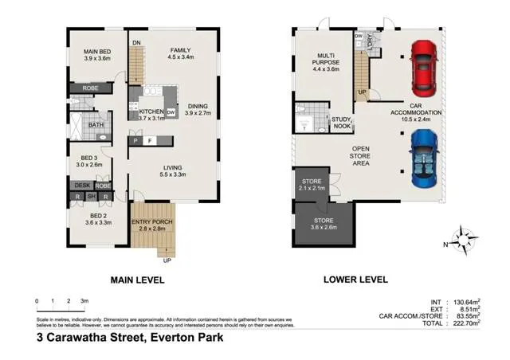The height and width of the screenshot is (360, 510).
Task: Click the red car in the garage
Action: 422,66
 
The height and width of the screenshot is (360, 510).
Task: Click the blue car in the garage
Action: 422,157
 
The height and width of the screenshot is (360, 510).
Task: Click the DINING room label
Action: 200,109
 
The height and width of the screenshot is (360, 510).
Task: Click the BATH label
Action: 96,125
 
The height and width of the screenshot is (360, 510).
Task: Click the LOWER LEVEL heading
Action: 355,280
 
